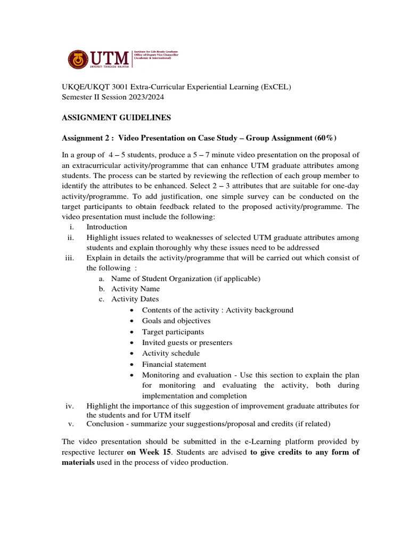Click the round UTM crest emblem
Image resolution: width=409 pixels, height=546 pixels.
click(78, 60)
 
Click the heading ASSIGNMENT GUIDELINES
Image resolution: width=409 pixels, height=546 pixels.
click(116, 118)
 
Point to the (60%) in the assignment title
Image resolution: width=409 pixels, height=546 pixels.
click(325, 138)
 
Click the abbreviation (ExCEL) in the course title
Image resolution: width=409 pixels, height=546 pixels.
click(275, 87)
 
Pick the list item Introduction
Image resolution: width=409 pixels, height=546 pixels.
click(107, 227)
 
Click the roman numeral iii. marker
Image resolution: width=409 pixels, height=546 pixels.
click(70, 258)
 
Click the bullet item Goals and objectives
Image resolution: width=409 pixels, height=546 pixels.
click(176, 321)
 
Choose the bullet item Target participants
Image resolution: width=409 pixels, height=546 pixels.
click(173, 332)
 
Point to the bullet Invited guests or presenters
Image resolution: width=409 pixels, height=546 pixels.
click(187, 342)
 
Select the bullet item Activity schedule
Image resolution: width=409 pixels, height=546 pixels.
click(171, 353)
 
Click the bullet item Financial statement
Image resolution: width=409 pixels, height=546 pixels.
click(174, 364)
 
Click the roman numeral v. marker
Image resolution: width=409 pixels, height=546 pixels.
click(71, 424)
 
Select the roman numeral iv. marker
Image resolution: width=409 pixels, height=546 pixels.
click(70, 406)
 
